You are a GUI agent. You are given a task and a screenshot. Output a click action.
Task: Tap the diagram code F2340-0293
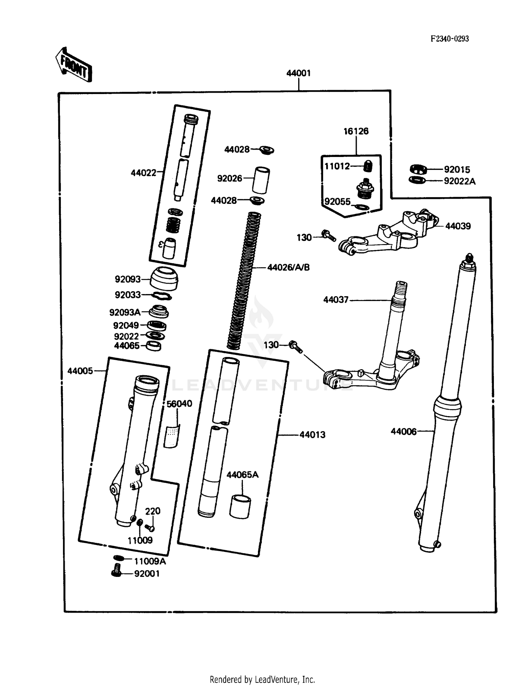click(x=449, y=39)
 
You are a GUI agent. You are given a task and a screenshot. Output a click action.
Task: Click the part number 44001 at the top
click(x=298, y=73)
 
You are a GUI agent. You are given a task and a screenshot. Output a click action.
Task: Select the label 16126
click(x=356, y=131)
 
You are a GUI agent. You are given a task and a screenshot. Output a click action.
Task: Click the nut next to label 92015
click(x=418, y=170)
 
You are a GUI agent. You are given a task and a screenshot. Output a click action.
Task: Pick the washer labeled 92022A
click(x=417, y=180)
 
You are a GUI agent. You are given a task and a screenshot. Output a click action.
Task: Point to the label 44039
click(x=457, y=226)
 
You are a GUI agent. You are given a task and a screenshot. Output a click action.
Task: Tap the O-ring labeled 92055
click(x=362, y=207)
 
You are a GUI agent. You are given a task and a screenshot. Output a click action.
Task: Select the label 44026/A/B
click(x=288, y=267)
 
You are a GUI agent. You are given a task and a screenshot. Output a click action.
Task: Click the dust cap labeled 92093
click(x=164, y=279)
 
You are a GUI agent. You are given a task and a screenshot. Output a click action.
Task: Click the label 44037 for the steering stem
click(x=336, y=300)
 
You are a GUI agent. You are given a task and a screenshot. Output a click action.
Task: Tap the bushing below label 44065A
click(x=240, y=506)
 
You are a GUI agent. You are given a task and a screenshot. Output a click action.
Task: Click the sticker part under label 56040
click(x=171, y=436)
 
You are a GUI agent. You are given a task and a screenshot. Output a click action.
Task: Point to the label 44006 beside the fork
click(x=404, y=431)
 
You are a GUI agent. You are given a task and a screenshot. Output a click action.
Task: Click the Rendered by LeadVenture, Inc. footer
click(x=262, y=679)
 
